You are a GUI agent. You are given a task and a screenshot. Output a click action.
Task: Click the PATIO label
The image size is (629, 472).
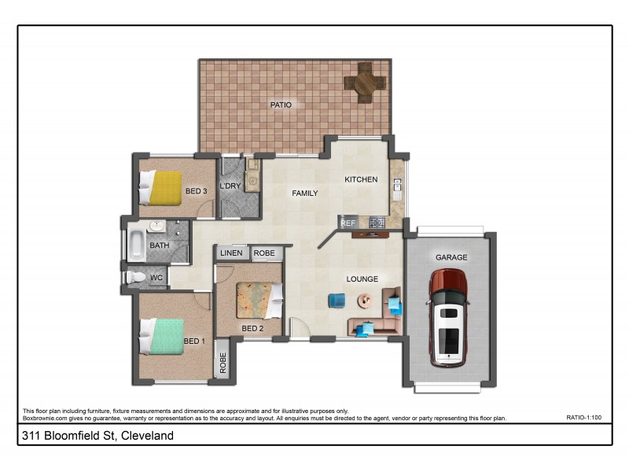281,104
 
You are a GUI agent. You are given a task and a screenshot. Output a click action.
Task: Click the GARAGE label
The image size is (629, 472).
451,257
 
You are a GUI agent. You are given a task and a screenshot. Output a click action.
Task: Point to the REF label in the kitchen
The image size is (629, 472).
348,223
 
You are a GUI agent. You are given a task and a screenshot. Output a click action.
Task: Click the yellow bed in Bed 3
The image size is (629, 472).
163,188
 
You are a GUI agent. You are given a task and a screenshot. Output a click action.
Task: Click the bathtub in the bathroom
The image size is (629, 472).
136,245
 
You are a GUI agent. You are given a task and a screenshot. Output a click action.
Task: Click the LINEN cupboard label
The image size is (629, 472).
231,253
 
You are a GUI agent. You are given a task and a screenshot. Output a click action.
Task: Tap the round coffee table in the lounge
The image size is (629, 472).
366,301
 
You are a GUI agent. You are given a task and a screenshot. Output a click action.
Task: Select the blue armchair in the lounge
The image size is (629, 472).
337,301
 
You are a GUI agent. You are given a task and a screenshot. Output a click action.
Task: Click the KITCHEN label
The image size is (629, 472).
361,179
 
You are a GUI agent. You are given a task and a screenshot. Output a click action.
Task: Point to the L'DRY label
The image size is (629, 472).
230,186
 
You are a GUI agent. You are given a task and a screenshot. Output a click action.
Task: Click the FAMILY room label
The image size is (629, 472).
305,193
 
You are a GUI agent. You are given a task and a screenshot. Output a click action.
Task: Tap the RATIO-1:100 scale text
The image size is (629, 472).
583,419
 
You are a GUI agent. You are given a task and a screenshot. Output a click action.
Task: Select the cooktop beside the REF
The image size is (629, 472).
376,223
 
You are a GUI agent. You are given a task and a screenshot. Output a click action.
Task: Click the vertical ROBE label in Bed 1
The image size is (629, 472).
223,361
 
